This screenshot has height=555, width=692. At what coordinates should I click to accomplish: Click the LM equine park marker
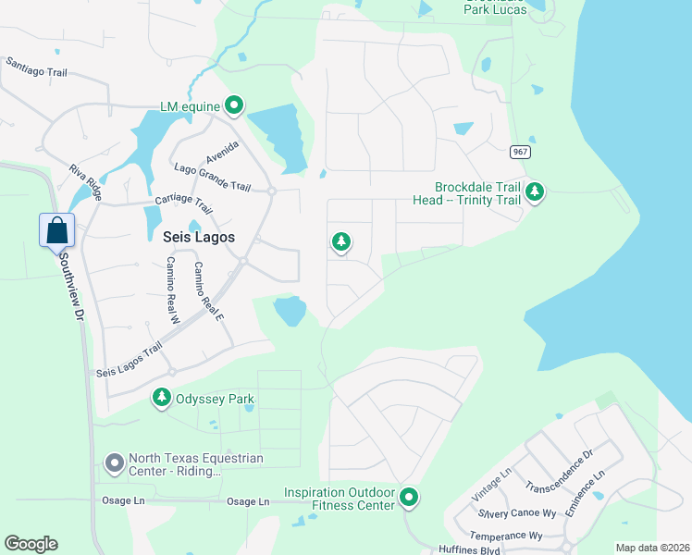[x=234, y=106]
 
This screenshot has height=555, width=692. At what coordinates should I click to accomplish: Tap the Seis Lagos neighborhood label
[x=198, y=237]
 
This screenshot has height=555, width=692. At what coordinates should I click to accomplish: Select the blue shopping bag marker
[x=56, y=230]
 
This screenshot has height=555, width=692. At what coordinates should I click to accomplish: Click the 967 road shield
[x=520, y=151]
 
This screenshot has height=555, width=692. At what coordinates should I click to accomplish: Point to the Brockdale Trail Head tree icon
[x=535, y=192]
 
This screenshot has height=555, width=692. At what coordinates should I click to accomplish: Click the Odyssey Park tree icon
[x=162, y=399]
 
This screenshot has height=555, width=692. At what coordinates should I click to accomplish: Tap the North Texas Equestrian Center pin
[x=114, y=462]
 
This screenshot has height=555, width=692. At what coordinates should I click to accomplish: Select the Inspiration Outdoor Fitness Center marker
[x=409, y=499]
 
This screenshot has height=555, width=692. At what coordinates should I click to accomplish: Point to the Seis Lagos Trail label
[x=129, y=360]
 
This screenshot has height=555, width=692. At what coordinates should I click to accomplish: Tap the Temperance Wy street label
[x=506, y=536]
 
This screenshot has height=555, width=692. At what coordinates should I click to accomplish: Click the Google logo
[x=31, y=544]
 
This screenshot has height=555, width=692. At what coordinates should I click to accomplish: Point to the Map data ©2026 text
[x=651, y=548]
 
